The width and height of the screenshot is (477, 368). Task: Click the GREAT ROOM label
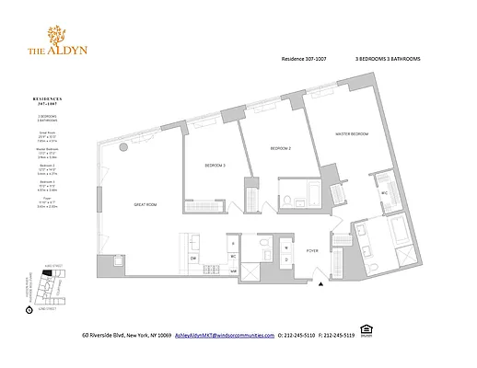[146, 205]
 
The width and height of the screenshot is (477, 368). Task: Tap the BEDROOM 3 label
[215, 165]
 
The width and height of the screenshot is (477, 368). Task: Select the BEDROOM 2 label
[281, 148]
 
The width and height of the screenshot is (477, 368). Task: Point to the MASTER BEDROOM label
[351, 134]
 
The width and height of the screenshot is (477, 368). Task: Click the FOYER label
[312, 249]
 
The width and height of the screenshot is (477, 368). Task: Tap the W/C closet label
[382, 194]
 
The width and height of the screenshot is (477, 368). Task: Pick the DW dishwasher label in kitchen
[193, 259]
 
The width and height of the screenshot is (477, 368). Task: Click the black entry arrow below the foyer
[321, 285]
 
